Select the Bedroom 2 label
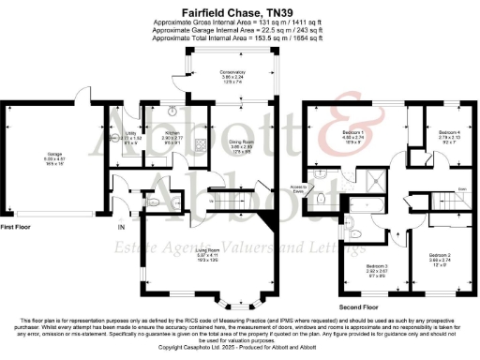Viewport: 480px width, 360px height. pos(441,256)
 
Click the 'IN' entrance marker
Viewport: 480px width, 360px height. pos(120,228)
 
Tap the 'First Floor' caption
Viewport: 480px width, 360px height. pos(16,227)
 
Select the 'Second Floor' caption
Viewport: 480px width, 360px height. pos(359,306)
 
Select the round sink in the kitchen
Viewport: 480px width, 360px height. pos(173,110)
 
